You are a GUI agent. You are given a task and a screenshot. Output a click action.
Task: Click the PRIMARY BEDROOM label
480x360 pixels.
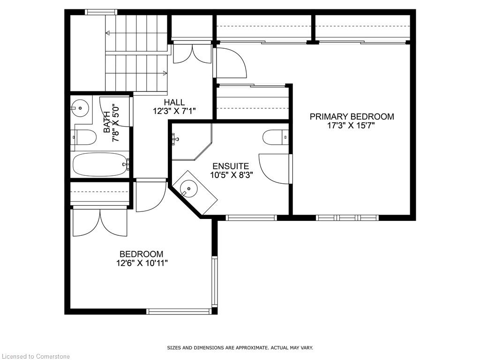click(x=352, y=117)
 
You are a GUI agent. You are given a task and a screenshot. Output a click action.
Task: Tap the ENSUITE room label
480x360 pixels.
click(x=231, y=166)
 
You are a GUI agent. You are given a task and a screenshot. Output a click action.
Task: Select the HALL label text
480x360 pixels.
click(x=174, y=102)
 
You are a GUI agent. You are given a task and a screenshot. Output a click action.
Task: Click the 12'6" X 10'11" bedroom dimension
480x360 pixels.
click(x=142, y=263)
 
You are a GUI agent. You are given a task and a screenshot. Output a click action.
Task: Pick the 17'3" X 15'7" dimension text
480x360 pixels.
click(x=352, y=126)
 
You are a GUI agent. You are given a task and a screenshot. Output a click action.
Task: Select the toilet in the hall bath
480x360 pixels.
click(x=83, y=137)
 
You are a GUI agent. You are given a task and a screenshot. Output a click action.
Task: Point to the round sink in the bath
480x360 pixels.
click(x=80, y=108)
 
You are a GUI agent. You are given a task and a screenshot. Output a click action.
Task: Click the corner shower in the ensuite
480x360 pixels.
click(x=192, y=142)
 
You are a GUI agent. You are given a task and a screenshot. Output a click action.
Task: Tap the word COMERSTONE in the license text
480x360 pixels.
click(x=52, y=356)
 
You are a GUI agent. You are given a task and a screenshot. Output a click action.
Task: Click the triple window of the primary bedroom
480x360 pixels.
click(x=347, y=217)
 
